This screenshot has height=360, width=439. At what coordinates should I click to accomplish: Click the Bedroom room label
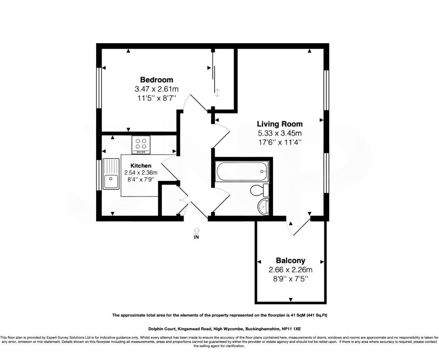(x=156, y=80)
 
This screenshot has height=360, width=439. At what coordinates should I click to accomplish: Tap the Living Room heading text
(x=280, y=124)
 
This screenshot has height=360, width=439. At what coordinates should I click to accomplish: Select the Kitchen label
(x=141, y=166)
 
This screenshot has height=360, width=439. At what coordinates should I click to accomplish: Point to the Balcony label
(x=290, y=261)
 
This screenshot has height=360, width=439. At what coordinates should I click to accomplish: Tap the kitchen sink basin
(x=111, y=182)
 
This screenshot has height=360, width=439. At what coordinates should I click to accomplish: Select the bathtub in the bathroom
(x=241, y=171)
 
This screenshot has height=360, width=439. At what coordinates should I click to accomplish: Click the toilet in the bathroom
(x=259, y=191)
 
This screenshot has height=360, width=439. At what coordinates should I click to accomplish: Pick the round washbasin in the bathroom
(x=264, y=206)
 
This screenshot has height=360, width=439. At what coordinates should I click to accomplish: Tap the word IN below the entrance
(x=196, y=237)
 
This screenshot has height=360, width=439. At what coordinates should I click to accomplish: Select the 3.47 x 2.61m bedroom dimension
(x=156, y=89)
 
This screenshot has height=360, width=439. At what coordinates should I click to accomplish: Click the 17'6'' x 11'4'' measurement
(x=280, y=142)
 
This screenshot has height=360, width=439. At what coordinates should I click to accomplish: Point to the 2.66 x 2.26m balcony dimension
(x=290, y=270)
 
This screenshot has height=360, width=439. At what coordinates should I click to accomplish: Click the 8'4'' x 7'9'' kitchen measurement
(x=141, y=179)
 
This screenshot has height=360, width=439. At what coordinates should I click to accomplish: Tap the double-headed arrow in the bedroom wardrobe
(x=217, y=93)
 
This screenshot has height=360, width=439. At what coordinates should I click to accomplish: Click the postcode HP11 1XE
(x=291, y=329)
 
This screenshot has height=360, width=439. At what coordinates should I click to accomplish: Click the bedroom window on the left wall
(x=99, y=88)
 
